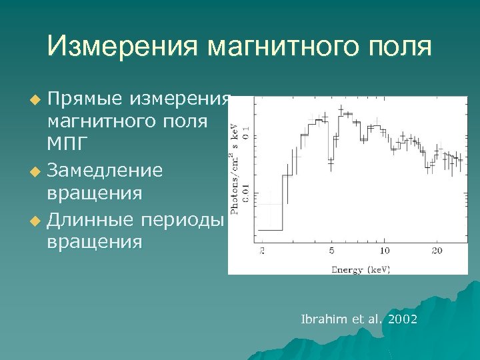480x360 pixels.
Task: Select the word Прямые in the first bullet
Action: (84, 100)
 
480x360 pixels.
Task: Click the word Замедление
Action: (105, 171)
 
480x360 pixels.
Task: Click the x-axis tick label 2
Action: (262, 251)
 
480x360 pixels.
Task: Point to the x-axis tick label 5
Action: (331, 251)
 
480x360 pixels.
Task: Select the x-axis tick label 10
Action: (385, 251)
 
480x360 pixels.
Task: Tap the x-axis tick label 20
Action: (437, 251)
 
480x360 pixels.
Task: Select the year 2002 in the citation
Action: (402, 319)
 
